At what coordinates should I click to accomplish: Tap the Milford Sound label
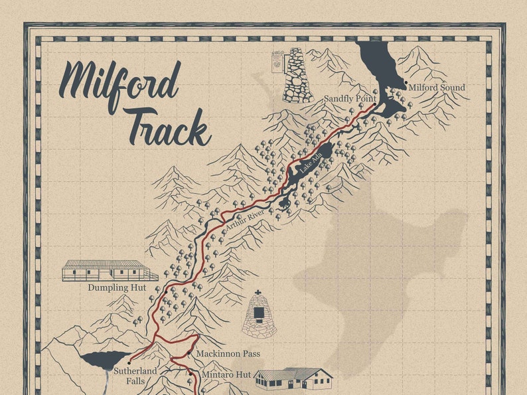tap(436, 88)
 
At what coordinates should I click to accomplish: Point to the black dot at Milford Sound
tap(405, 82)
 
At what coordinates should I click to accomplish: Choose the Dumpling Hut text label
tap(116, 288)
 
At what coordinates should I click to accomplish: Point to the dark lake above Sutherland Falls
tap(105, 360)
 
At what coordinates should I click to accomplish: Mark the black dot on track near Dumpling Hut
tap(165, 291)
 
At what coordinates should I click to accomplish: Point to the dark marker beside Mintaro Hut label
tap(190, 374)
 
